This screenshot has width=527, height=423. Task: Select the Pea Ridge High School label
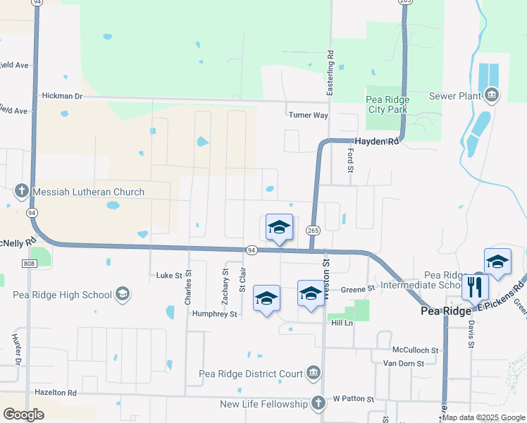(62, 295)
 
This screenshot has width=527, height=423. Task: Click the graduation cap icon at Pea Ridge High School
(123, 294)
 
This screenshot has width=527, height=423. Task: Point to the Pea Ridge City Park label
(387, 104)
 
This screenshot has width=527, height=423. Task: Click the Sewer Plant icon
(491, 95)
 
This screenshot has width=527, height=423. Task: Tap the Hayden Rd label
(376, 141)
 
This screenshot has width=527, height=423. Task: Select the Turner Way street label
(308, 115)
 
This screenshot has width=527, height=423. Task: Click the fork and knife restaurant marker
(475, 286)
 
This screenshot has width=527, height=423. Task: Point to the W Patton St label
(354, 399)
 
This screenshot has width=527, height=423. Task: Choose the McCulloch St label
(415, 350)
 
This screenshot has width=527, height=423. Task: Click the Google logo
(24, 415)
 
